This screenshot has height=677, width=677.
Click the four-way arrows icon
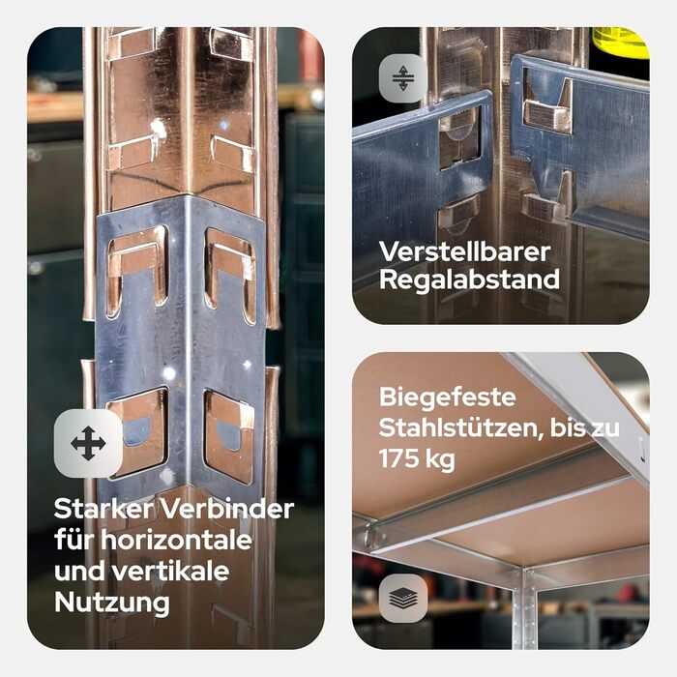click(x=88, y=443)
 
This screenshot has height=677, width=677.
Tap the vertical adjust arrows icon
click(x=403, y=78)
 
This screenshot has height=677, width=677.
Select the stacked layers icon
click(x=403, y=598)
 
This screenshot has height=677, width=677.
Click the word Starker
click(x=103, y=509)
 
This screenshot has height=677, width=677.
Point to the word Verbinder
click(x=227, y=509)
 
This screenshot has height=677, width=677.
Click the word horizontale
click(x=176, y=540)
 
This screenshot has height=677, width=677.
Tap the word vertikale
click(x=170, y=571)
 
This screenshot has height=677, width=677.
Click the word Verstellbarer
click(x=464, y=251)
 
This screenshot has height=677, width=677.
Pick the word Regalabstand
click(x=469, y=280)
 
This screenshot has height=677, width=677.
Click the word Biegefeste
click(x=447, y=397)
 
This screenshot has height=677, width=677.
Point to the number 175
click(x=397, y=458)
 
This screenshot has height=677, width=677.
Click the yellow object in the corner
click(x=621, y=43)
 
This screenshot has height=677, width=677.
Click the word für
click(x=74, y=540)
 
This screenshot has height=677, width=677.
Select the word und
click(x=79, y=571)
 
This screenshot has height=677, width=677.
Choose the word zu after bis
click(x=606, y=429)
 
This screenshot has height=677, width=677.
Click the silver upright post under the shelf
click(x=524, y=609)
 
